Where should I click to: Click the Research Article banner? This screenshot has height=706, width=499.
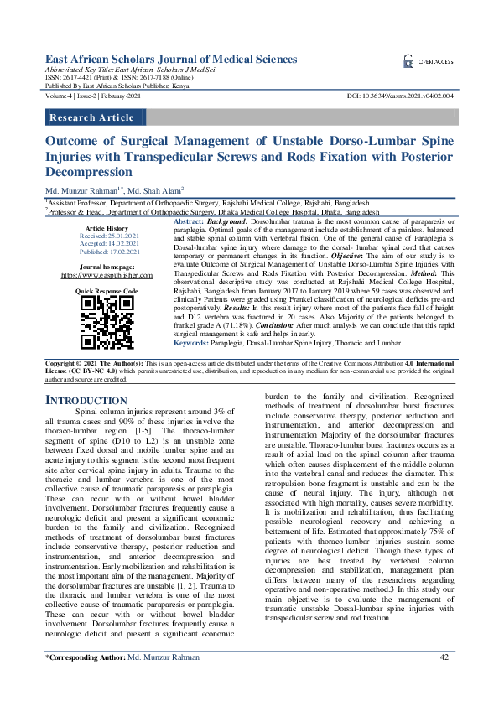(x=92, y=117)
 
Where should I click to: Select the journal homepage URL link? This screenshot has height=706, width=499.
(x=106, y=274)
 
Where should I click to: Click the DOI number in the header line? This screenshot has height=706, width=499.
(x=400, y=97)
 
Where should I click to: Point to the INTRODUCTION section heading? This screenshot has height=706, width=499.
(x=86, y=401)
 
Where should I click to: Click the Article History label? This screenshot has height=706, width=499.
(x=106, y=228)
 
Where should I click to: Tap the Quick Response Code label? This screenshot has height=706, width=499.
(x=107, y=290)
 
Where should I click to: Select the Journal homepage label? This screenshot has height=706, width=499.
(x=106, y=266)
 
